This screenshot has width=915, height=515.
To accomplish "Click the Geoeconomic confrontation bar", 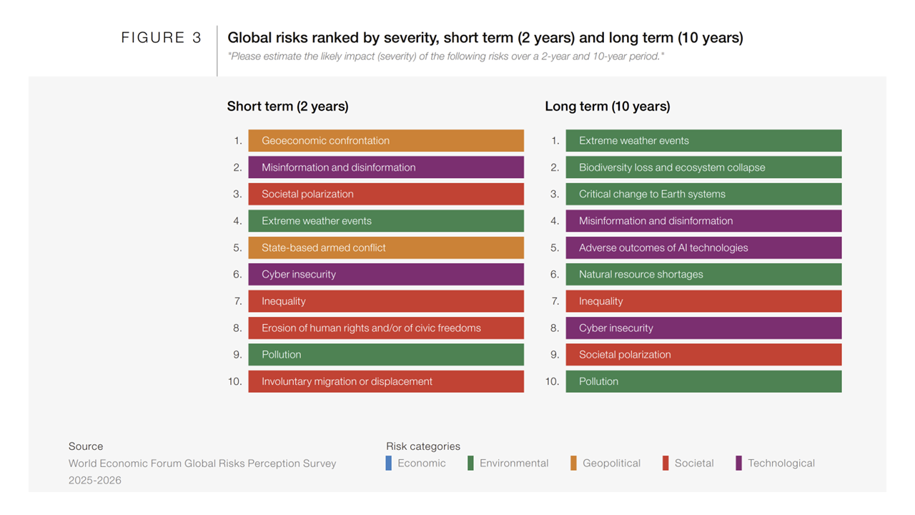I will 386,141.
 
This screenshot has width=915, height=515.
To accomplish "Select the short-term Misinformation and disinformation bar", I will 386,167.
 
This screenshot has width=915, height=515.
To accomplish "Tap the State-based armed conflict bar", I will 386,247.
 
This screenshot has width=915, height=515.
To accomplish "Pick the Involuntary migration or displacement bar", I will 386,381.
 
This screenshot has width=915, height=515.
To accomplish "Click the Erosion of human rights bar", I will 386,328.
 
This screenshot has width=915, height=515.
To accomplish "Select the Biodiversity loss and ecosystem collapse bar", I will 703,167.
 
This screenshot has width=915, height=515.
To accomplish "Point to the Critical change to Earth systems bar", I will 703,194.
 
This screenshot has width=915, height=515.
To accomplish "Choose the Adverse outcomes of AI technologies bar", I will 703,247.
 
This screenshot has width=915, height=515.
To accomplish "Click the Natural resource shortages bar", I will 703,274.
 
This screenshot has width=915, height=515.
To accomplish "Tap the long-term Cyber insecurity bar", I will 703,328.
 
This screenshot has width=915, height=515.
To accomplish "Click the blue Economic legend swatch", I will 389,463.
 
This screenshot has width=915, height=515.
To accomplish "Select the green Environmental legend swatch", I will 470,463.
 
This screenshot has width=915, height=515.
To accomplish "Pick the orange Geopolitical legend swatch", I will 573,463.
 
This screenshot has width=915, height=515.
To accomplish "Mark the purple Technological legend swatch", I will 738,463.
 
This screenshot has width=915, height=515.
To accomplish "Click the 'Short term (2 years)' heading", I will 287,107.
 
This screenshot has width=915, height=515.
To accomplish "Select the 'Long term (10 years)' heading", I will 607,107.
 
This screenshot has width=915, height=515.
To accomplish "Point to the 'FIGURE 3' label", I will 162,39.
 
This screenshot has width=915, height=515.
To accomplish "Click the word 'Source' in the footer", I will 86,446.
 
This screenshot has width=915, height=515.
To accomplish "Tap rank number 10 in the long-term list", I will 552,382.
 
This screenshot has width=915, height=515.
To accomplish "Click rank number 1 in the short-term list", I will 238,141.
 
